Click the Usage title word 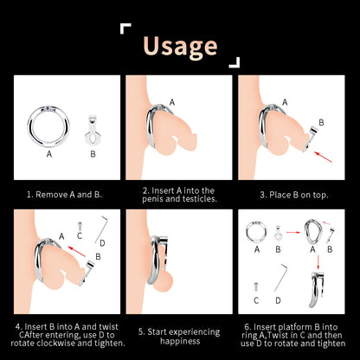(x=180, y=46)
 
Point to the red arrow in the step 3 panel (x=323, y=157)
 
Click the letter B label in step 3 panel (x=321, y=123)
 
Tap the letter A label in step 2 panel (x=172, y=102)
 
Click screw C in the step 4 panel (x=80, y=226)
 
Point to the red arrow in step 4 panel (x=77, y=251)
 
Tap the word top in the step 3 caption (x=320, y=196)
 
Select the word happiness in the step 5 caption (x=180, y=341)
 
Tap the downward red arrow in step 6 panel (x=318, y=262)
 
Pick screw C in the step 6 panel (x=255, y=287)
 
